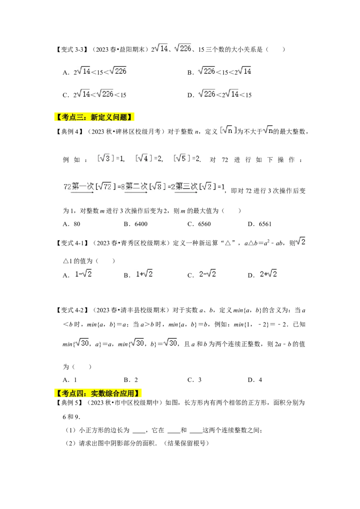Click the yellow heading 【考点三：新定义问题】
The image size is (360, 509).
coord(94,117)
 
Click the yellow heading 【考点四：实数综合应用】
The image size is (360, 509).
coord(98,393)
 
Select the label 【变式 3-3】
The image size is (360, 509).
coord(72,49)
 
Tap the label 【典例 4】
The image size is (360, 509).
coord(70,131)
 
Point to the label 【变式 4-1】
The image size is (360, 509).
coord(72,243)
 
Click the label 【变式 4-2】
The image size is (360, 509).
coord(72,310)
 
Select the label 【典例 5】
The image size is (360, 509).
coord(70,402)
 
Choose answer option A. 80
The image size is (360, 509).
coord(71,224)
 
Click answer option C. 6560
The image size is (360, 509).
coord(199,224)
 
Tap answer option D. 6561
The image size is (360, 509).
coord(260,224)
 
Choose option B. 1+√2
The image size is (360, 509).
coord(138,274)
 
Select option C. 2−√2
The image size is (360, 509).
coord(202,274)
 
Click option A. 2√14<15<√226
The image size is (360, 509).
coord(94,71)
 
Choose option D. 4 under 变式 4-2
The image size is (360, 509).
coord(255,380)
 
